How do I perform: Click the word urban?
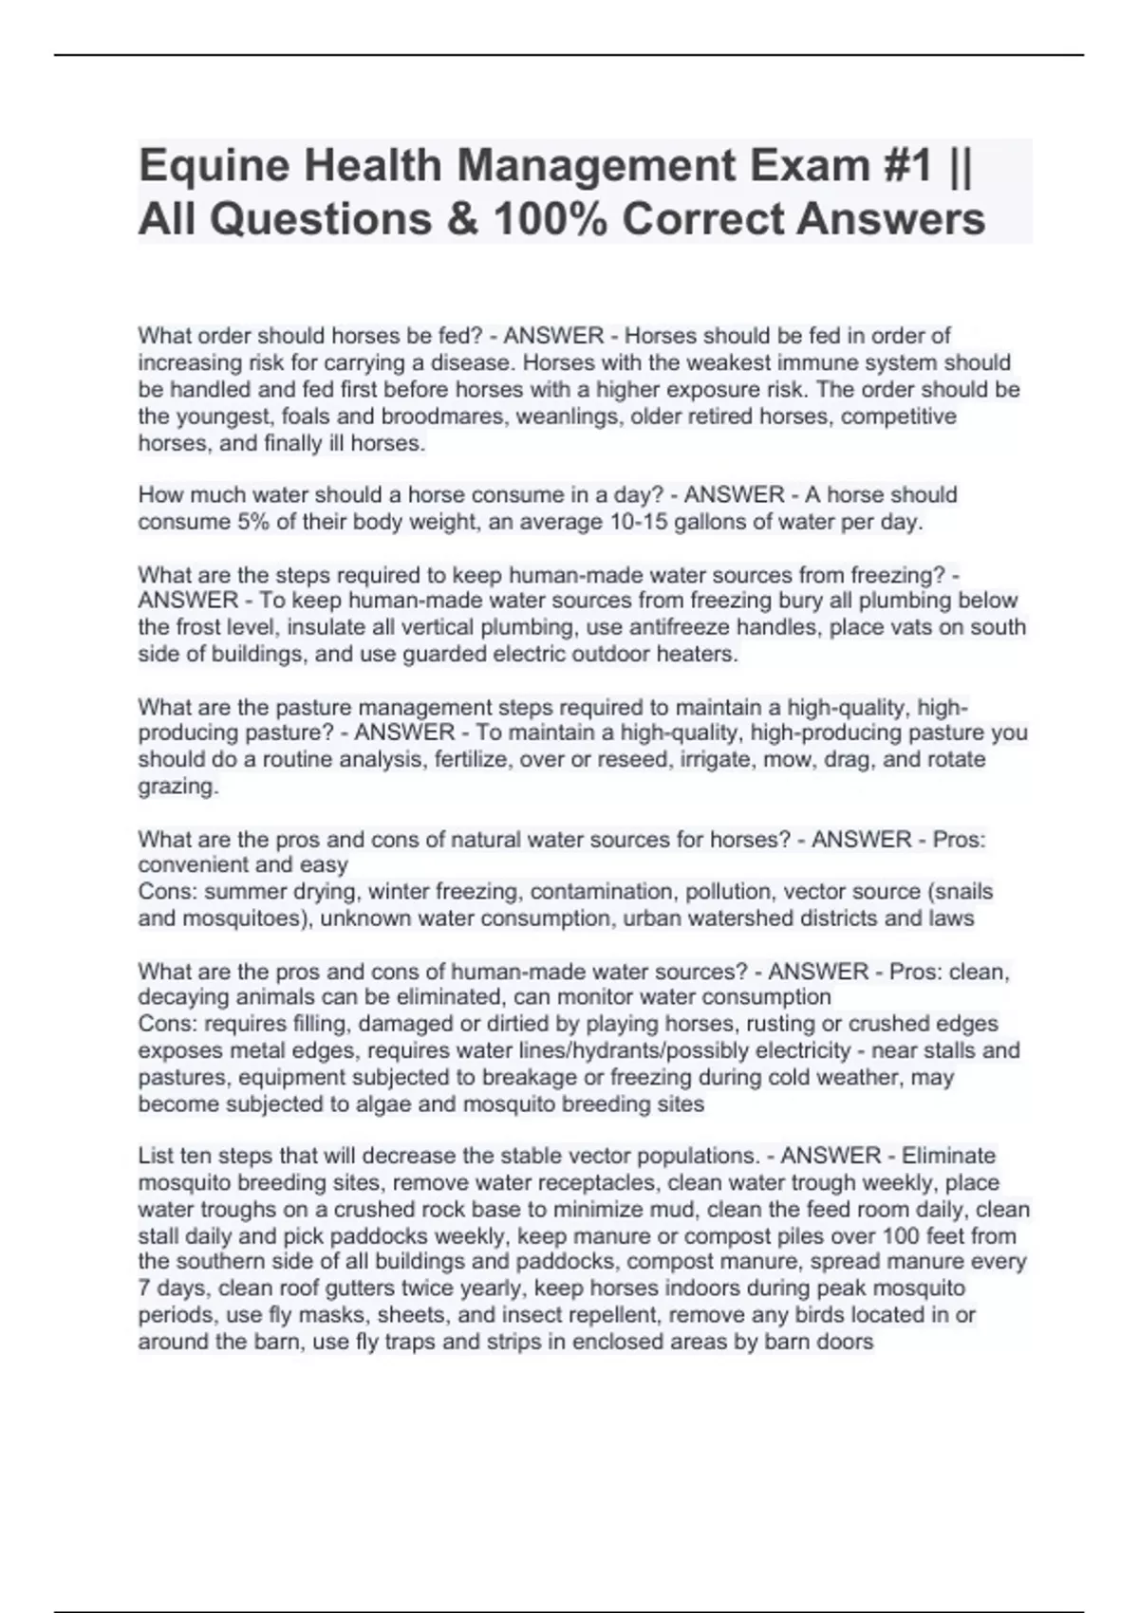(x=653, y=918)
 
